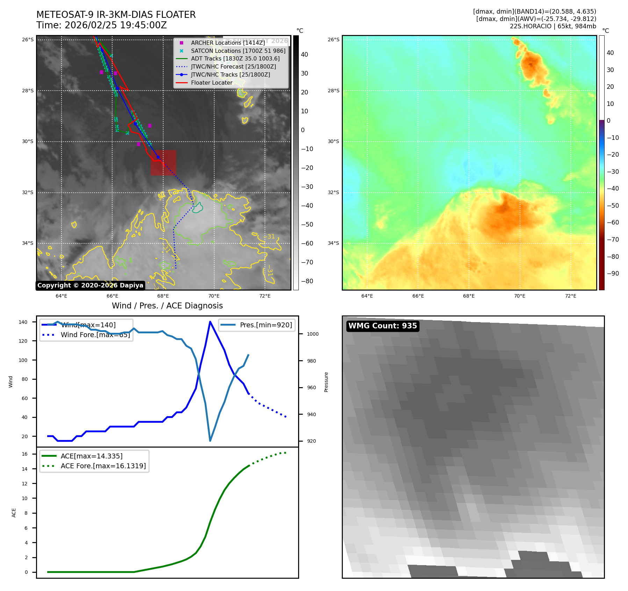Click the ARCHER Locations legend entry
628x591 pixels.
228,43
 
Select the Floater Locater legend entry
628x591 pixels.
211,83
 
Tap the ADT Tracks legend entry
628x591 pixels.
235,58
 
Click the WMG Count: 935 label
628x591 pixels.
383,326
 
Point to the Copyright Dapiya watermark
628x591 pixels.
90,285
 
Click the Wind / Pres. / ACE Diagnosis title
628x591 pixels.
167,306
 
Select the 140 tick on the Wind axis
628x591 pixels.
23,322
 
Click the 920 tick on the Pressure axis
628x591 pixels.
311,441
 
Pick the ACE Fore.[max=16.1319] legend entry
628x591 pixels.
103,466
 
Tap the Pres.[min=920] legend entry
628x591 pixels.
266,325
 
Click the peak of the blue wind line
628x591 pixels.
210,322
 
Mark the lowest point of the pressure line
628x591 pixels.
210,441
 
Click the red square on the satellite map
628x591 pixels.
163,163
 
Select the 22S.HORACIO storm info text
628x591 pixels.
553,26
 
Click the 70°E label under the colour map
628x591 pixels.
519,296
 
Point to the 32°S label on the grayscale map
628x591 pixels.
28,192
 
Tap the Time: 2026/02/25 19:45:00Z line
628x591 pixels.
102,25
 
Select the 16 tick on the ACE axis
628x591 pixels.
25,454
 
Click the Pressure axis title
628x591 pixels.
326,382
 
